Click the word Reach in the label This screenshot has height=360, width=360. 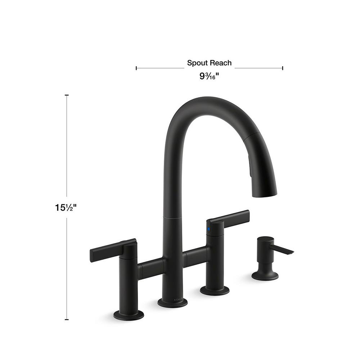pos(221,63)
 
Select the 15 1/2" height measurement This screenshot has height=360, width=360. pos(66,208)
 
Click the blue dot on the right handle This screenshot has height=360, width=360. pos(208,229)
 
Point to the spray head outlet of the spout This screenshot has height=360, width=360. pos(265,194)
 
